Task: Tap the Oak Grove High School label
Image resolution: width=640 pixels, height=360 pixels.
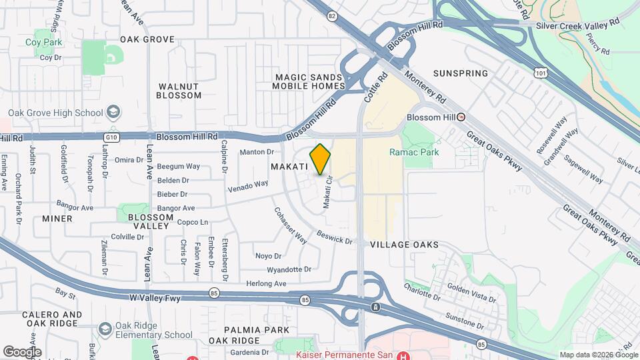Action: point(56,113)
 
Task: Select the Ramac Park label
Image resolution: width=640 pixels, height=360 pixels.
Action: point(414,152)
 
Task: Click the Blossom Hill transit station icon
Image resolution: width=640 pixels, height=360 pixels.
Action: point(461,117)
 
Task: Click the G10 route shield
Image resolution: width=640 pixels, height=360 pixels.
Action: point(111,137)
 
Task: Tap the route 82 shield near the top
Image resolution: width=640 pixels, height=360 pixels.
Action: point(331,15)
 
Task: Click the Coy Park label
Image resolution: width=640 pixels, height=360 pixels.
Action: point(44,42)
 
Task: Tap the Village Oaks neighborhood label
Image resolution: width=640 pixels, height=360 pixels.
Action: point(404,245)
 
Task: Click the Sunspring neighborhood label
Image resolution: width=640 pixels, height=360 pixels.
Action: point(460,73)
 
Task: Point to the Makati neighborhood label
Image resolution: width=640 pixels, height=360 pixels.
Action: point(289,165)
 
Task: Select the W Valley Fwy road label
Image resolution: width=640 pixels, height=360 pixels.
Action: point(155,297)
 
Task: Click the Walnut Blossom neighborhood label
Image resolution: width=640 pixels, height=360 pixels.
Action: point(179,91)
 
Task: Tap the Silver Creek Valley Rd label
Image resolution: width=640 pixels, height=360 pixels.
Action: point(578,24)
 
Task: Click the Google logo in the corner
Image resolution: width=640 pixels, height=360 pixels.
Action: point(22,351)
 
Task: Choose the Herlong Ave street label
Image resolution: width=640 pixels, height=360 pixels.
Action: point(265,283)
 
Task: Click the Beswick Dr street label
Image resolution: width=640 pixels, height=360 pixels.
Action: point(335,237)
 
